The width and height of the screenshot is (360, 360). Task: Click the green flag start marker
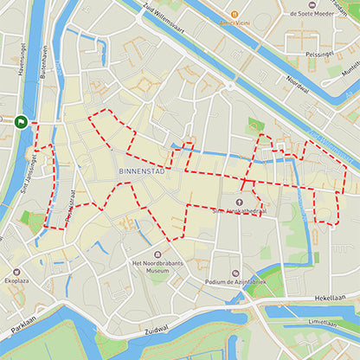[21, 122]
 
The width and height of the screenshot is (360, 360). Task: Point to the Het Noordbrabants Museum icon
[135, 255]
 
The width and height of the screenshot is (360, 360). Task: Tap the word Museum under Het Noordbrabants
[157, 270]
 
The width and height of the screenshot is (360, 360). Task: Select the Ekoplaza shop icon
[16, 272]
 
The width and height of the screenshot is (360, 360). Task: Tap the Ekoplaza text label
[18, 281]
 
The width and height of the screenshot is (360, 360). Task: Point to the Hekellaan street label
[330, 296]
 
